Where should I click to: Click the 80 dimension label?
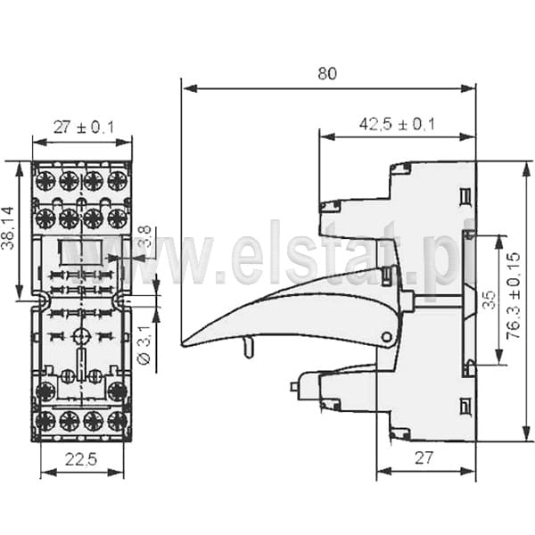click(327, 73)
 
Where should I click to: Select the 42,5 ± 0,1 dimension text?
click(397, 124)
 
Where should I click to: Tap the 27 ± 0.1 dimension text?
click(84, 128)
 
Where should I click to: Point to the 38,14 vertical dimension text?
click(8, 228)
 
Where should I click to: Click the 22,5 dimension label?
click(81, 459)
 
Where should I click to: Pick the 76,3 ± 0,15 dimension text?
click(514, 296)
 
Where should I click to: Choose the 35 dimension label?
click(490, 300)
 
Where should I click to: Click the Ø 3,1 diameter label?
click(144, 345)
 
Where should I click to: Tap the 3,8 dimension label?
click(145, 236)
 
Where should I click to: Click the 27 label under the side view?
click(424, 458)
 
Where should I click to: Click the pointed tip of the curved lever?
click(182, 344)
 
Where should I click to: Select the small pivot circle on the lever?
click(387, 337)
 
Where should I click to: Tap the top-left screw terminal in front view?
click(45, 180)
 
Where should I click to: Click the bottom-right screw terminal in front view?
click(118, 422)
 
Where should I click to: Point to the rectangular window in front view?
click(81, 252)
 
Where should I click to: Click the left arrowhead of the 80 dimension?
click(190, 88)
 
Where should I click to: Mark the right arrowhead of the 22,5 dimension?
click(116, 473)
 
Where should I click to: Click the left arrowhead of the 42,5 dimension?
click(327, 137)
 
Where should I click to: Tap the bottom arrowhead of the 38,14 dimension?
click(20, 292)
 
